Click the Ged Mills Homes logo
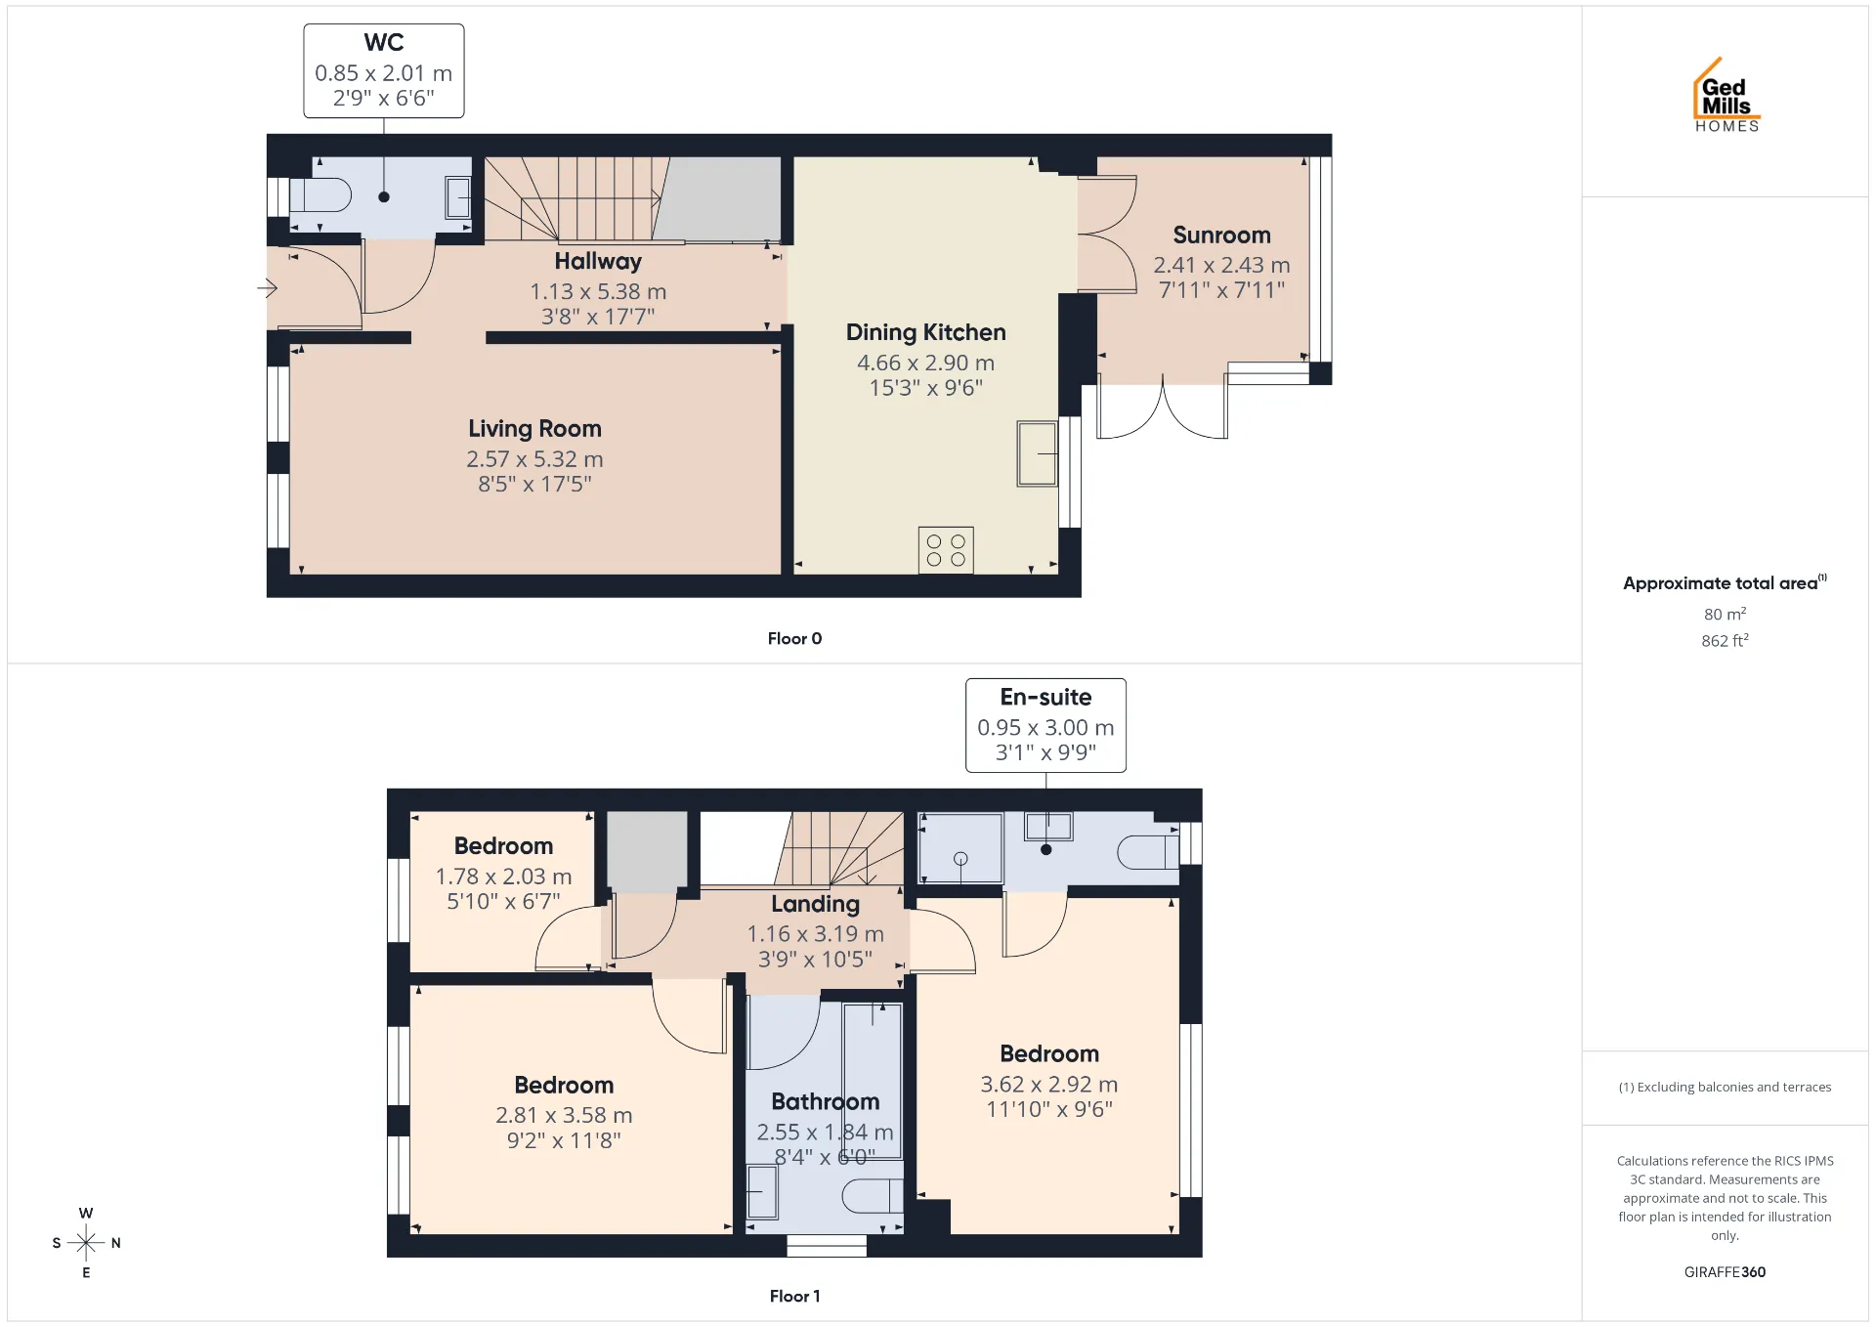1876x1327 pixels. [1727, 95]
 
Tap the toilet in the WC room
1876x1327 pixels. [320, 195]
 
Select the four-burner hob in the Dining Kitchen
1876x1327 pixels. [946, 550]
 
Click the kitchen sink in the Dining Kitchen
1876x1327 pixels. [1037, 453]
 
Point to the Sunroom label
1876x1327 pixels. [1221, 235]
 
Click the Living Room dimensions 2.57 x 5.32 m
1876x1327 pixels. [534, 459]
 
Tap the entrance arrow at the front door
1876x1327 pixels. [267, 288]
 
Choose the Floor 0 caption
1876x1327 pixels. [794, 638]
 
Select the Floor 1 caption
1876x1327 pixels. [794, 1296]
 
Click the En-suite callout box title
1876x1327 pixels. [1045, 697]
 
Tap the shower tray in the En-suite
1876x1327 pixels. [961, 848]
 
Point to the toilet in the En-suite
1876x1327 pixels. [1148, 852]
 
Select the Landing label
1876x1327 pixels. [816, 904]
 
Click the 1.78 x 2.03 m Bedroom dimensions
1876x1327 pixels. [503, 877]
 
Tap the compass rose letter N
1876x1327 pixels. [116, 1243]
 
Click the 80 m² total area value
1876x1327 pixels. [1725, 614]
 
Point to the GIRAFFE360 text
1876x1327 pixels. [1725, 1272]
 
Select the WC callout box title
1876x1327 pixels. [384, 42]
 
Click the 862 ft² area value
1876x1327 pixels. [1725, 640]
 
